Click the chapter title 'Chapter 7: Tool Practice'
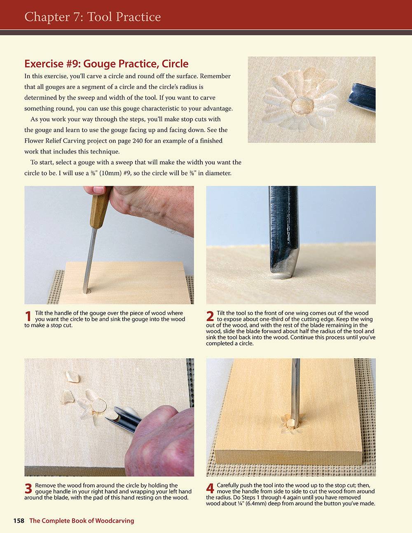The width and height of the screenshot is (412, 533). tap(92, 17)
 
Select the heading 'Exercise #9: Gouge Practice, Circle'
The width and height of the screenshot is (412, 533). tap(106, 64)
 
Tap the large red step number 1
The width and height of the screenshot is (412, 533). tap(28, 316)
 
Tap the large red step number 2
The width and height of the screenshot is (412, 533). tap(210, 316)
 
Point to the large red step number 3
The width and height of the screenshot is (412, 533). tap(28, 489)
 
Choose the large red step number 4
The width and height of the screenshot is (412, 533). tap(210, 489)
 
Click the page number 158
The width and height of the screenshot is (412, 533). tap(19, 521)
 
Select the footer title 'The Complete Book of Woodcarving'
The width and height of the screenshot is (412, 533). tap(82, 521)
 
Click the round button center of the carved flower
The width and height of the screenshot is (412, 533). tap(302, 106)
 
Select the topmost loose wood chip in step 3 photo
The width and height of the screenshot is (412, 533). tap(73, 376)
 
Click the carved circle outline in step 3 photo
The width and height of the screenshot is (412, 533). tap(99, 406)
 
